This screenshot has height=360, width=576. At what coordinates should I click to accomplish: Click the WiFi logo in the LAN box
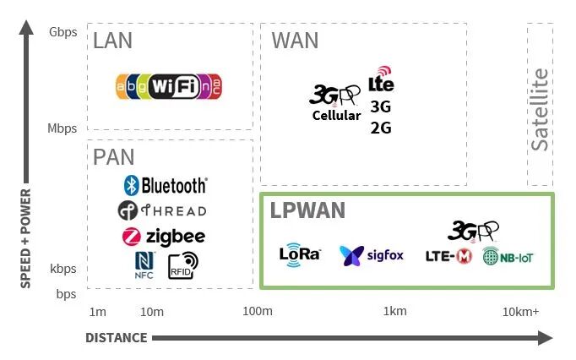(169, 85)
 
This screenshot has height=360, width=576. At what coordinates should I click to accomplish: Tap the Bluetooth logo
(165, 185)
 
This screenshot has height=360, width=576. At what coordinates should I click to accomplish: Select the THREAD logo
(162, 210)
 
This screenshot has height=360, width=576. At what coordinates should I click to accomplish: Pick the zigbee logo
(163, 237)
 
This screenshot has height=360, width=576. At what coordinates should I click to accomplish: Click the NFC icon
(144, 264)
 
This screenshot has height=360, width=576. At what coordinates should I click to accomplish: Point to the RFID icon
(182, 265)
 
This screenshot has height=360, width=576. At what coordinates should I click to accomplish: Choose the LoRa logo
(300, 254)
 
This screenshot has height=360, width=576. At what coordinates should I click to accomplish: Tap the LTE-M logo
(448, 256)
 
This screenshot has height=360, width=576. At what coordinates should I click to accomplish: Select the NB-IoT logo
(508, 257)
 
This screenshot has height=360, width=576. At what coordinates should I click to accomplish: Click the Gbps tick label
(62, 33)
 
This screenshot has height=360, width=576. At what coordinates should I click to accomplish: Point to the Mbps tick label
(62, 128)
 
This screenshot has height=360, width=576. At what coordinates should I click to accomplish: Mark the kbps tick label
(63, 269)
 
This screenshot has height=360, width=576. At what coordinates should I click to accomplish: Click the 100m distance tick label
(258, 312)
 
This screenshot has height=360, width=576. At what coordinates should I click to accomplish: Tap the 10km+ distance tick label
(521, 312)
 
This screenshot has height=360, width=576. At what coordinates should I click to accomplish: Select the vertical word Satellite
(540, 109)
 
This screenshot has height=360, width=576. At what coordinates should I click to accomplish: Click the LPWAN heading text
(307, 210)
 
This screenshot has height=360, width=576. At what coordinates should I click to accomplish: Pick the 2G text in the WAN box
(381, 128)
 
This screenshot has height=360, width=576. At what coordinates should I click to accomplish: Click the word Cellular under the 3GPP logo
(336, 116)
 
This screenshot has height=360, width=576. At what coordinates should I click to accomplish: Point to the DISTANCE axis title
(117, 338)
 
